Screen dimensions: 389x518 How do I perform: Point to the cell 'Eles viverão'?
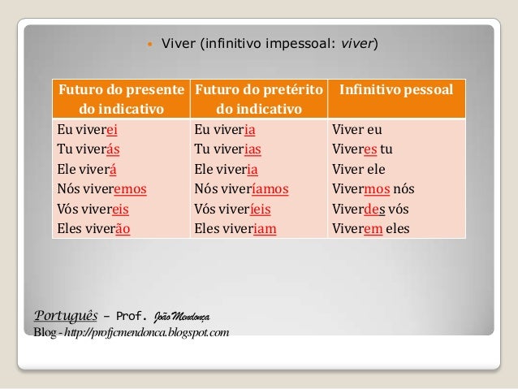[93, 229]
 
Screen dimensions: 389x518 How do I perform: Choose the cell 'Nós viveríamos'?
[241, 190]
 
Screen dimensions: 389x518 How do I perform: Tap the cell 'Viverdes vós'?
[371, 210]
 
